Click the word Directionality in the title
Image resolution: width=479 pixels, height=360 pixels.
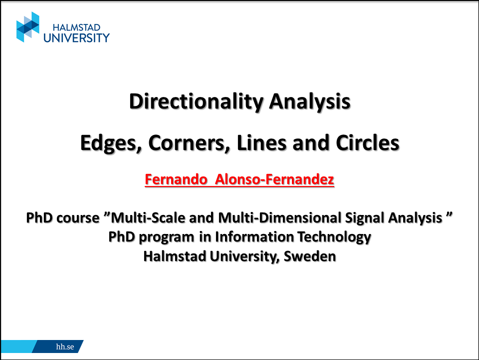[x=196, y=101]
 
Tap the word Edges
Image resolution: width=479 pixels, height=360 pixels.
[x=111, y=143]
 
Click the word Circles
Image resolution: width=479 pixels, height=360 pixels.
[x=368, y=142]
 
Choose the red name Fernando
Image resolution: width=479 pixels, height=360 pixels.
[x=176, y=179]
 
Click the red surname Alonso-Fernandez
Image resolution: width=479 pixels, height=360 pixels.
[x=274, y=179]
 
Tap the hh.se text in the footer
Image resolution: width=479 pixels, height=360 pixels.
[x=65, y=346]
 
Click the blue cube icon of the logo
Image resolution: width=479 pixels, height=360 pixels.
[x=28, y=27]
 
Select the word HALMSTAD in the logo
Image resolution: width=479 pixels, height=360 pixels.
[x=76, y=27]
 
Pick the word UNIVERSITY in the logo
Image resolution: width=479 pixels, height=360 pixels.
[x=76, y=38]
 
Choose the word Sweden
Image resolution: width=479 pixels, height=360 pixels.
[x=310, y=256]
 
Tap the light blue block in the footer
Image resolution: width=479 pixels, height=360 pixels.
[x=18, y=346]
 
